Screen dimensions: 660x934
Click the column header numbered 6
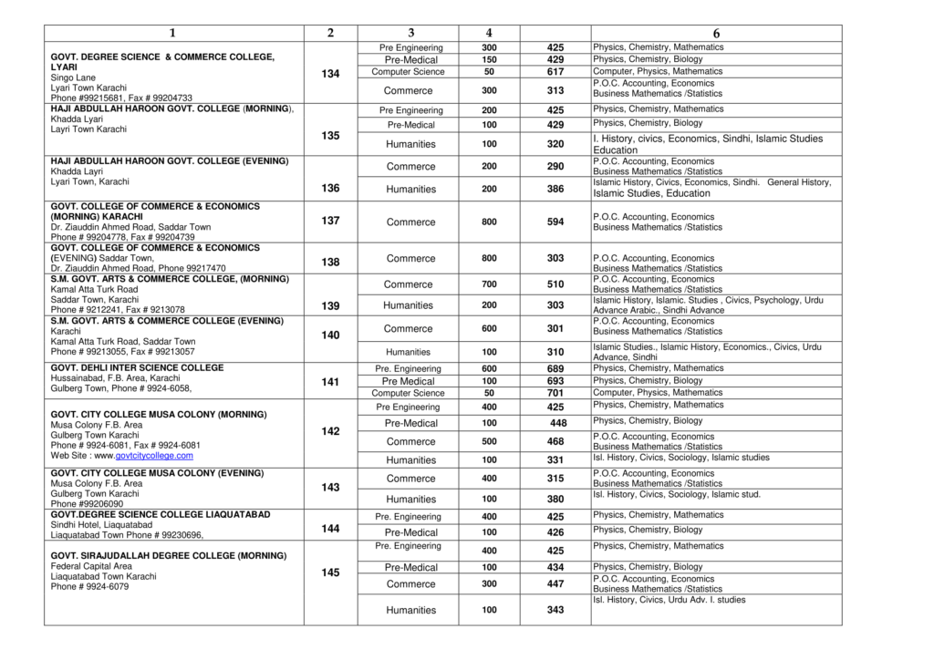pos(716,33)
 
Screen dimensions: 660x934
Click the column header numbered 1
pos(172,33)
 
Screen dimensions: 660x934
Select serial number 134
pos(330,73)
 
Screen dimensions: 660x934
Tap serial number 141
pos(330,382)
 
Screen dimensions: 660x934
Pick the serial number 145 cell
pos(330,572)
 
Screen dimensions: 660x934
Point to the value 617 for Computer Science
pos(555,72)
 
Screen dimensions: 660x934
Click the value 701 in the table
pos(555,393)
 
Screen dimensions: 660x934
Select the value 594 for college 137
pos(555,222)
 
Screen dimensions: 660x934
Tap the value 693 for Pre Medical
pos(555,381)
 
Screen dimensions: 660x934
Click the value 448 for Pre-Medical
pos(558,423)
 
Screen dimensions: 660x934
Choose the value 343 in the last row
pos(555,610)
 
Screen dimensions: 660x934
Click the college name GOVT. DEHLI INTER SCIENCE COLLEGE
pos(137,368)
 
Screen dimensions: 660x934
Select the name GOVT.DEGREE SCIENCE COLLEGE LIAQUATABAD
pos(161,515)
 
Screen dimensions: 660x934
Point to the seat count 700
pos(489,284)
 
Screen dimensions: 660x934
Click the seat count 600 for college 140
pos(489,329)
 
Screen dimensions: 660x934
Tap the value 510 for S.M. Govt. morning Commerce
pos(555,284)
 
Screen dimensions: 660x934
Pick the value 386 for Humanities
pos(555,189)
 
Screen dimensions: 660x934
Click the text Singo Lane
pos(73,78)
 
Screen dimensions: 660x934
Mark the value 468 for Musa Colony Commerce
pos(555,442)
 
